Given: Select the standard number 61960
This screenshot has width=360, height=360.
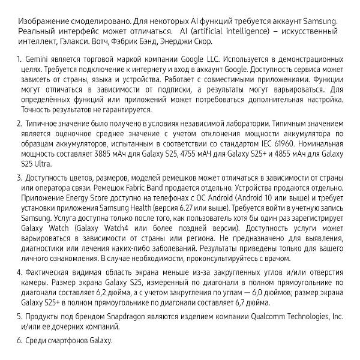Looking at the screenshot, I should click(329, 144).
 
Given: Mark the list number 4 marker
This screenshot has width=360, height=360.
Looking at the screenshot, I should click(19, 272).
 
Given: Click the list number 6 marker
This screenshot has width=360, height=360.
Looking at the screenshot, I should click(19, 341).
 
